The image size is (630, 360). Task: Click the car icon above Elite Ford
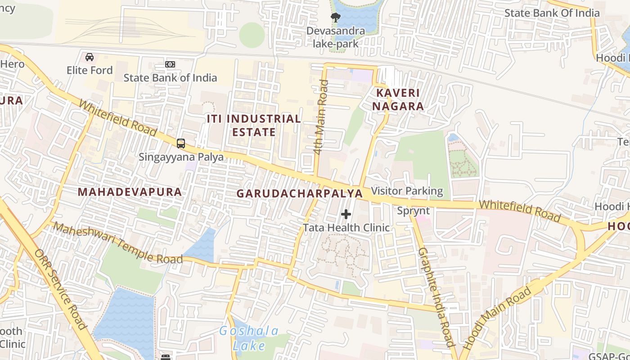tap(90, 57)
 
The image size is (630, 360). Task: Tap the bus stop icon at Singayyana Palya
tap(181, 144)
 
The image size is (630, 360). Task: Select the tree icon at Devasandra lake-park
tap(335, 18)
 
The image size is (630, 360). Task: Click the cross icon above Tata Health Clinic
tap(346, 214)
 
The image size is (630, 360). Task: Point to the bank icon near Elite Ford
tap(170, 64)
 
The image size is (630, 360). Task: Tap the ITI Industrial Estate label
tap(254, 126)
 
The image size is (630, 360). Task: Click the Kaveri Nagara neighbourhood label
tap(398, 99)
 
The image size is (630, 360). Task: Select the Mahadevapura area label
tap(130, 192)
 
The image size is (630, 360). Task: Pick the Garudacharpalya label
tap(299, 193)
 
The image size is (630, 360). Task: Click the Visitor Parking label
tap(407, 191)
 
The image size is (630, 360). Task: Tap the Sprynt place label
tap(413, 211)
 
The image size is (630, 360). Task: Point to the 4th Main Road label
tap(321, 117)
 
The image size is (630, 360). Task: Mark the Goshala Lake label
tap(249, 338)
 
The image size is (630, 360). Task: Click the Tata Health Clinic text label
tap(346, 228)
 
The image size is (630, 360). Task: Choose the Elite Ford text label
tap(90, 70)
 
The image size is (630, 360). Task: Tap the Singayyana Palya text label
tap(181, 157)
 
